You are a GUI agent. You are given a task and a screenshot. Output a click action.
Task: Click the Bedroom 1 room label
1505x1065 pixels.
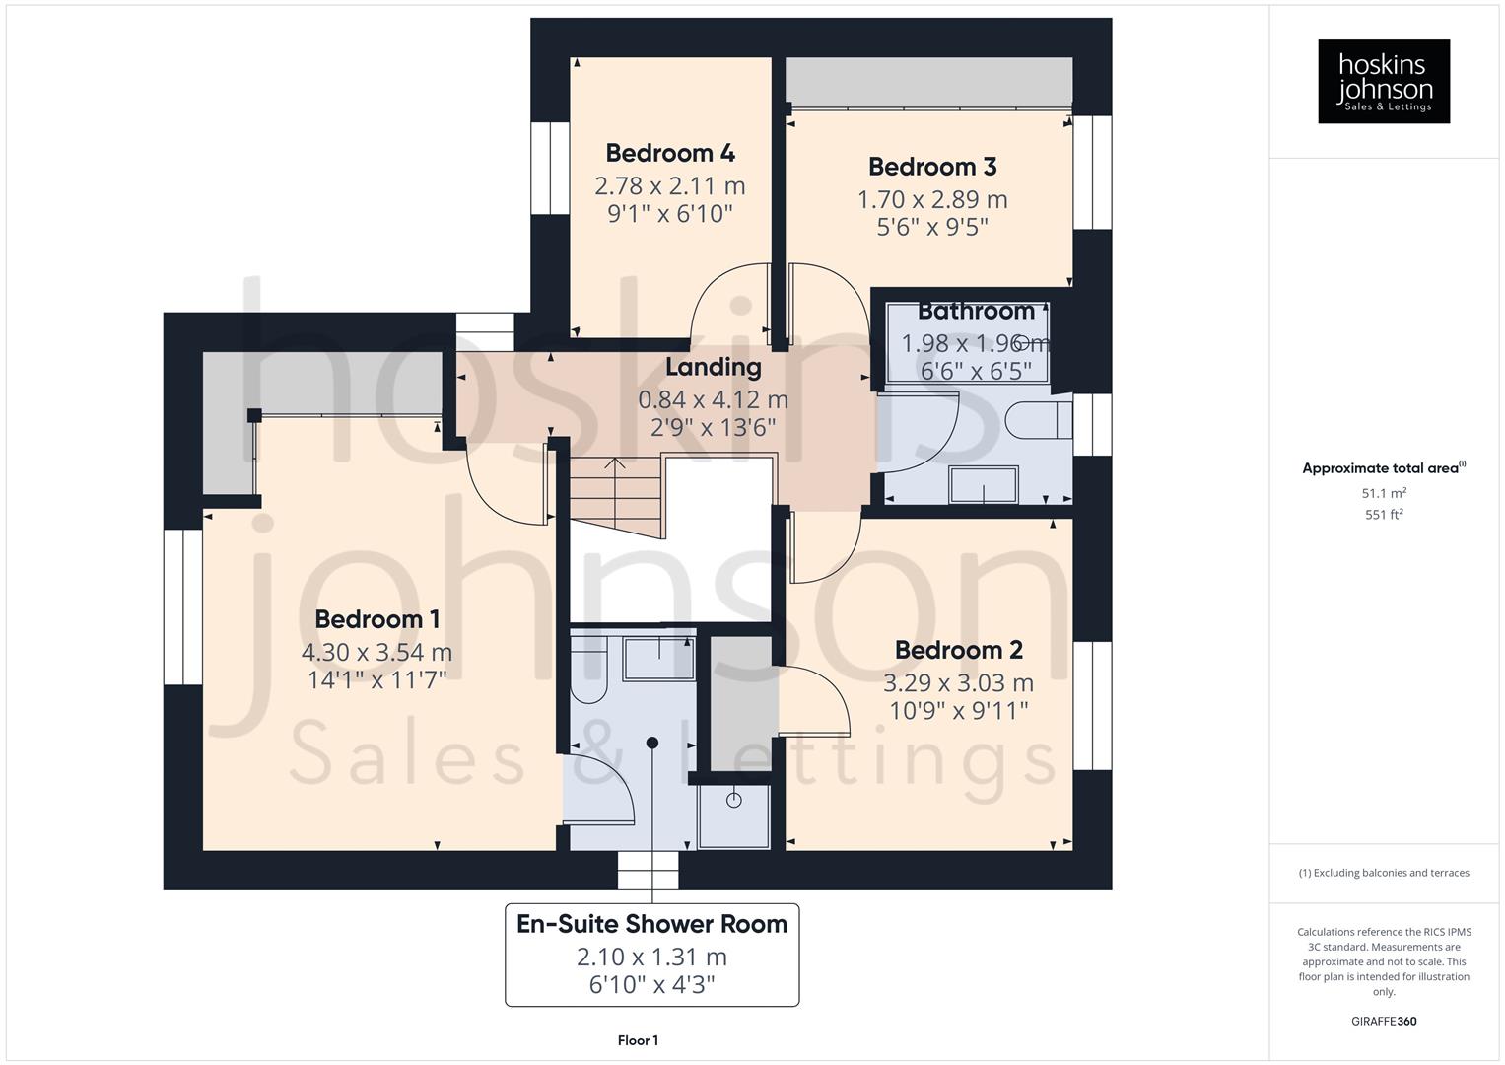coord(376,619)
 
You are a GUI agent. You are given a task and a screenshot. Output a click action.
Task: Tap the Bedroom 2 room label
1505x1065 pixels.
coord(958,650)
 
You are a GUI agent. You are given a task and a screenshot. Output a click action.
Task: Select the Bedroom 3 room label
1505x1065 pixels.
coord(931,167)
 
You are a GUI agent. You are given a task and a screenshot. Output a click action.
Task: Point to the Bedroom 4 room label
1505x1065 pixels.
coord(669,153)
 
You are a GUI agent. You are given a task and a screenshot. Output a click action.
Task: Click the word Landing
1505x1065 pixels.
coord(713,367)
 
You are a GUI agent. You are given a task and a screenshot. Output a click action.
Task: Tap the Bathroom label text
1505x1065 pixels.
coord(976,311)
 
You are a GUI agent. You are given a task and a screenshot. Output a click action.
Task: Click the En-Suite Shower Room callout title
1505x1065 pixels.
coord(651,924)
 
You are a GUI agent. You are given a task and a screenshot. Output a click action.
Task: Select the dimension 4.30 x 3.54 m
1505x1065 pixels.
coord(376,652)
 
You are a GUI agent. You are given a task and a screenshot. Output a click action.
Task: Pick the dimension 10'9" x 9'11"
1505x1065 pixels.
coord(958,710)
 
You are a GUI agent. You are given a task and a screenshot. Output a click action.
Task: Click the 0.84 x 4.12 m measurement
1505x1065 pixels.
coord(713,399)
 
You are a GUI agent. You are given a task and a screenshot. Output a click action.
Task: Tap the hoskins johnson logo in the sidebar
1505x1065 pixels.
coord(1383,82)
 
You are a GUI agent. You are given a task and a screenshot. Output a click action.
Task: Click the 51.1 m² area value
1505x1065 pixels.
coord(1383,493)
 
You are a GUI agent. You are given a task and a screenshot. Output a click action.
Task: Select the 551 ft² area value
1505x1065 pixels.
coord(1383,515)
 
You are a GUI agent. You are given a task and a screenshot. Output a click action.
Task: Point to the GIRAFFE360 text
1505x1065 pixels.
coord(1383,1021)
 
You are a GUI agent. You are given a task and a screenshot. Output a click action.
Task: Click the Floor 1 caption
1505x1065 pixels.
coord(638,1040)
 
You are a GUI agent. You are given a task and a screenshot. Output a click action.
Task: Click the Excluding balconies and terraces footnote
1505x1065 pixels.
coord(1383,873)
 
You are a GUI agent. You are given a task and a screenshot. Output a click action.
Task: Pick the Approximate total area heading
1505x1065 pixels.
coord(1383,468)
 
